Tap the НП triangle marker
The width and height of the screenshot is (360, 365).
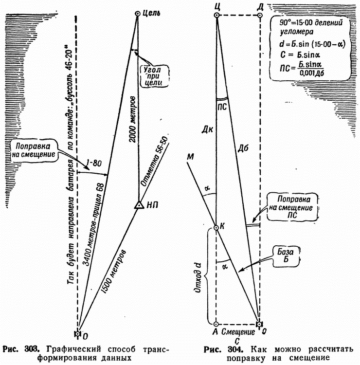click(x=139, y=205)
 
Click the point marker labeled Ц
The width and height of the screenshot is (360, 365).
click(x=217, y=16)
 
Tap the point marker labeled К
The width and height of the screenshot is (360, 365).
click(x=217, y=227)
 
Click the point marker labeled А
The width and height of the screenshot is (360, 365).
click(x=217, y=323)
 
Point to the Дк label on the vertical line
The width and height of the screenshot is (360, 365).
click(x=208, y=130)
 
